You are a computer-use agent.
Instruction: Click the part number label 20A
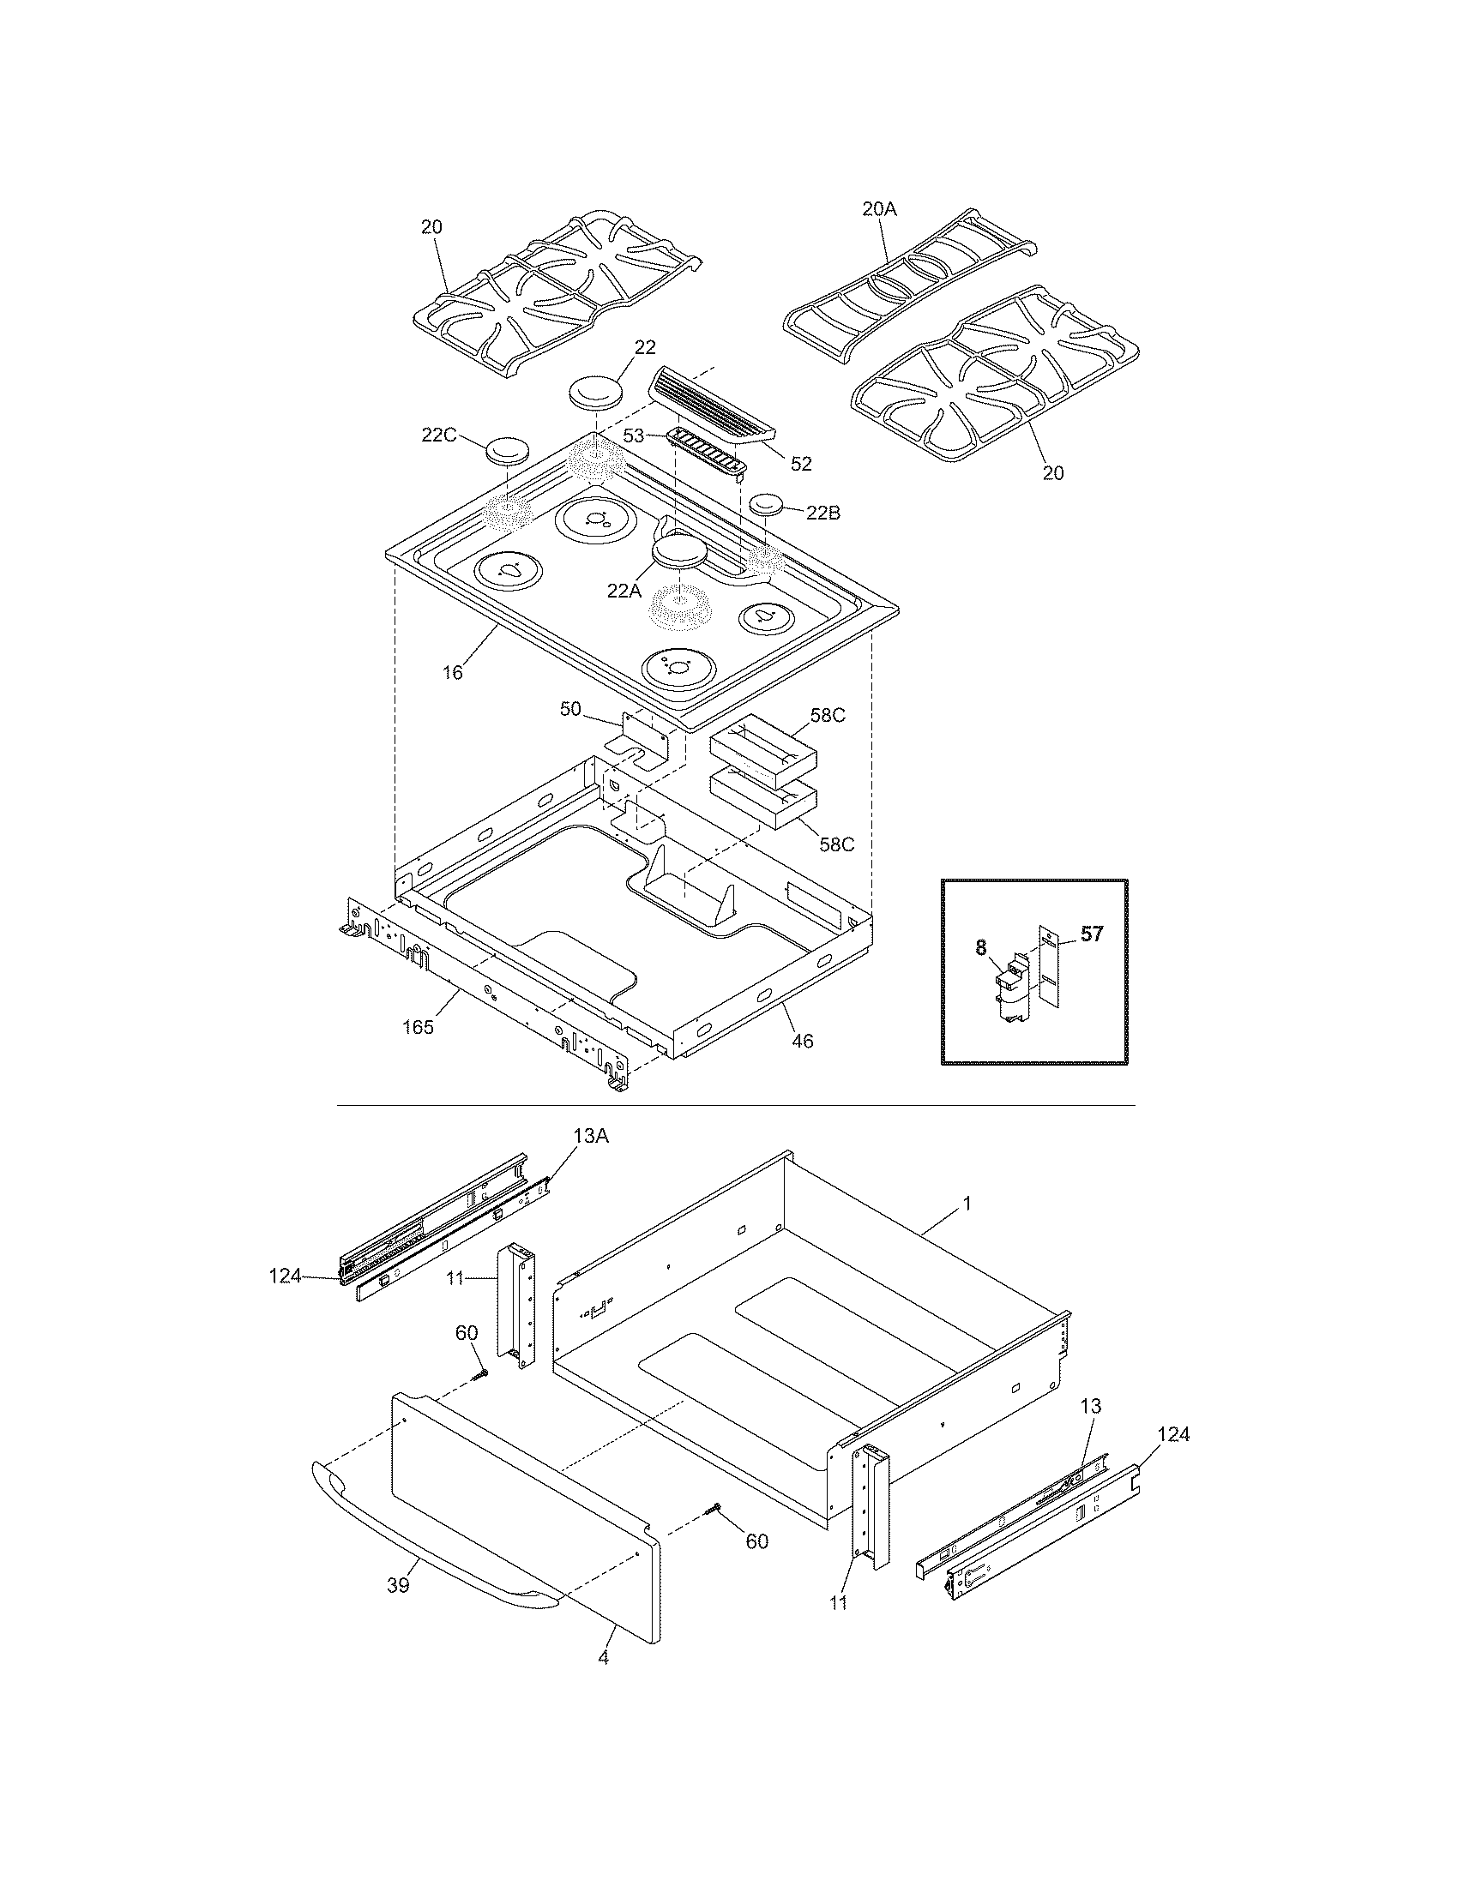879,207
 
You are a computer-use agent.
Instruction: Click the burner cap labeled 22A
679,553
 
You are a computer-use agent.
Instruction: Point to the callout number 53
634,436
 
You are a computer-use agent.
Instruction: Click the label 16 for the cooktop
453,672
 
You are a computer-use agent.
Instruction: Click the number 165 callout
418,1027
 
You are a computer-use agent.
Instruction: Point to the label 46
803,1042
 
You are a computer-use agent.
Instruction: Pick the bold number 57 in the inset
1092,934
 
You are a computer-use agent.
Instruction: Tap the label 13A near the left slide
591,1137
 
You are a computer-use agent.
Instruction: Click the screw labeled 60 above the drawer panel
480,1373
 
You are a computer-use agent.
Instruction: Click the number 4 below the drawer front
603,1657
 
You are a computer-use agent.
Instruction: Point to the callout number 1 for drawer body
967,1203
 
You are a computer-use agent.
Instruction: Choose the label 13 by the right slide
1091,1406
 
